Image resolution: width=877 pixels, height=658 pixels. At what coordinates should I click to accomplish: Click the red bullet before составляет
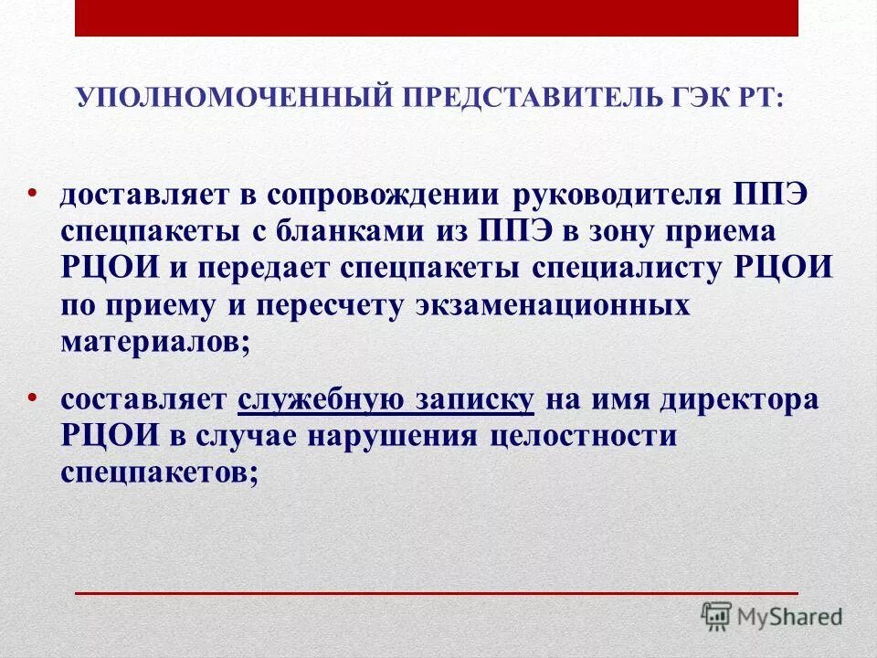pos(32,397)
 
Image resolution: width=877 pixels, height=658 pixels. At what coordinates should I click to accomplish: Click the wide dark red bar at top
pos(437,18)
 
